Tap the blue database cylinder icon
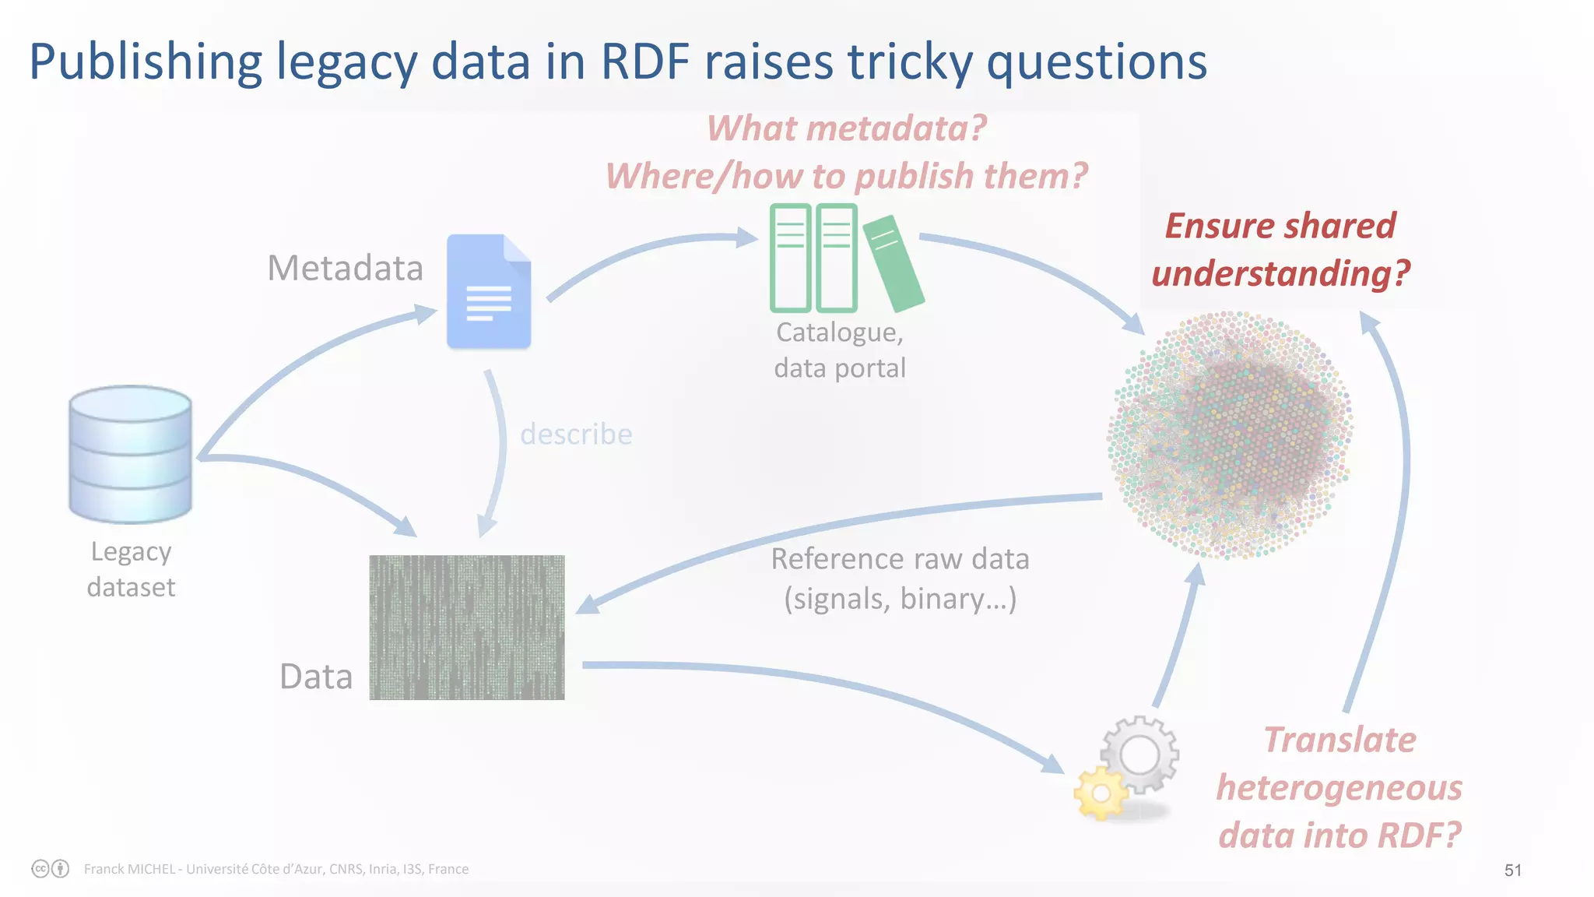coord(130,454)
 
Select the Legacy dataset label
coord(131,569)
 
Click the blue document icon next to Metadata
coord(489,291)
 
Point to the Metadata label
coord(345,268)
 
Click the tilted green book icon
coord(894,263)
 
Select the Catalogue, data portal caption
coord(840,350)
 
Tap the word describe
coord(576,434)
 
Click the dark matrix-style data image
coord(467,627)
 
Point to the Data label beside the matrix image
coord(316,677)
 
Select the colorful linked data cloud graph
coord(1230,435)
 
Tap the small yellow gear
coord(1101,793)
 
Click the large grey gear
coord(1139,754)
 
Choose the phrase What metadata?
coord(846,128)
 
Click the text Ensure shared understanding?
coord(1280,249)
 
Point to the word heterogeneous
coord(1339,787)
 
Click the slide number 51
coord(1512,870)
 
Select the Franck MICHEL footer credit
coord(276,869)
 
